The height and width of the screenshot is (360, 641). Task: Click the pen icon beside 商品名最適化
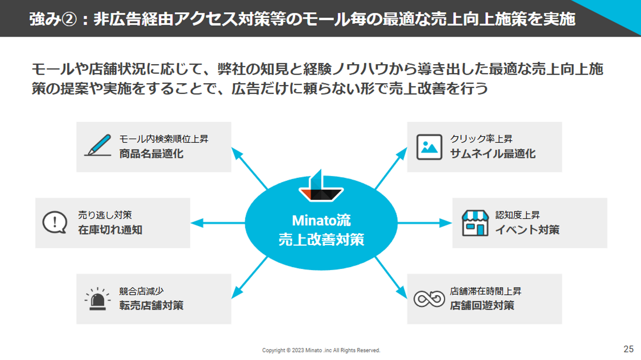pyautogui.click(x=98, y=145)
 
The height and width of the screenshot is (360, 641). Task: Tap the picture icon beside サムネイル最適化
pyautogui.click(x=429, y=147)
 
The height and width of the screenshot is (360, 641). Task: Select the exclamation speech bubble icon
pyautogui.click(x=55, y=222)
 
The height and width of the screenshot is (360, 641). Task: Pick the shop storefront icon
pyautogui.click(x=475, y=222)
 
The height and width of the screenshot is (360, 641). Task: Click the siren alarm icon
pyautogui.click(x=97, y=299)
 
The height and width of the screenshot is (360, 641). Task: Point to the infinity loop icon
pyautogui.click(x=429, y=299)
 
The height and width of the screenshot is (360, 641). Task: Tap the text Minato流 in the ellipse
pyautogui.click(x=321, y=220)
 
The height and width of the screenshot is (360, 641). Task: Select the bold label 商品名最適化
pyautogui.click(x=151, y=154)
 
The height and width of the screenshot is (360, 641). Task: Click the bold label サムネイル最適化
pyautogui.click(x=492, y=154)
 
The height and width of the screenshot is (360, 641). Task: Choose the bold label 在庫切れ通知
pyautogui.click(x=110, y=230)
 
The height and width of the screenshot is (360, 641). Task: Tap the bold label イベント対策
pyautogui.click(x=527, y=230)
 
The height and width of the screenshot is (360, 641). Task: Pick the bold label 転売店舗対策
pyautogui.click(x=151, y=306)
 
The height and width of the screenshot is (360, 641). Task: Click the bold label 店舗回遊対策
pyautogui.click(x=482, y=306)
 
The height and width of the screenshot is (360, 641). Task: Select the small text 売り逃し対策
pyautogui.click(x=105, y=215)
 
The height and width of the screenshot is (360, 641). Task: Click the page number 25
pyautogui.click(x=628, y=349)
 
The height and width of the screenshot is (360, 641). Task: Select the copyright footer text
pyautogui.click(x=321, y=351)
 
